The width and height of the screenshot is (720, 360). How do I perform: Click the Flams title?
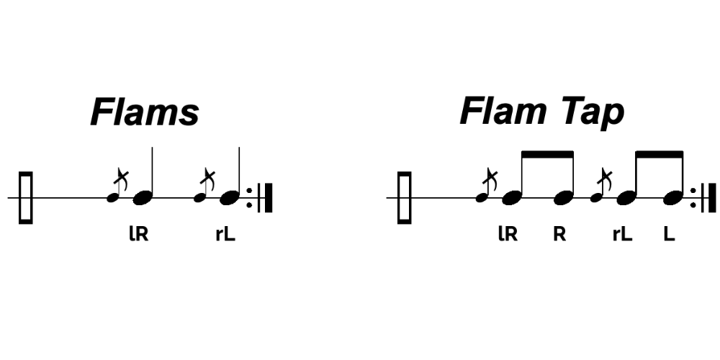click(x=144, y=112)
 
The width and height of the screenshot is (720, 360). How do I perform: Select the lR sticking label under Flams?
click(x=138, y=235)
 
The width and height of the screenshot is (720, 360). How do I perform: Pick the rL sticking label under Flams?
click(x=225, y=235)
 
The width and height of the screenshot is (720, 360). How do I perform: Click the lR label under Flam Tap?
click(x=508, y=235)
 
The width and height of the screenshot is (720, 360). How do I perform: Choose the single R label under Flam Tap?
click(x=559, y=235)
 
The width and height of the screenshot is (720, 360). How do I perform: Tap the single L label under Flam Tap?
click(x=670, y=235)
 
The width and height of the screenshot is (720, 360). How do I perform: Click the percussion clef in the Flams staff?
click(x=26, y=197)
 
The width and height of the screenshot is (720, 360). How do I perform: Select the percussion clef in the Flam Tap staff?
click(x=405, y=197)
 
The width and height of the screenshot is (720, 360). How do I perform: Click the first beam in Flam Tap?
click(x=546, y=154)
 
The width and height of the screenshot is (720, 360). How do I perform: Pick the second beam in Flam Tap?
click(x=660, y=154)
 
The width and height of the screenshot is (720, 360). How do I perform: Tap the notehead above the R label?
click(x=564, y=196)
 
